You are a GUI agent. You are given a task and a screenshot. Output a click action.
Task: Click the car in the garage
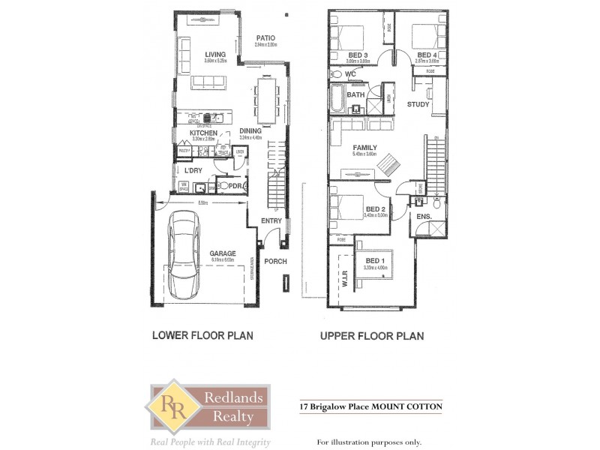tap(184, 252)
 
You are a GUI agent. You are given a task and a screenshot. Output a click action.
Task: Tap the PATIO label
tap(265, 37)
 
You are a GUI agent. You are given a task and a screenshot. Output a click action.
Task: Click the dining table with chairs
tap(265, 100)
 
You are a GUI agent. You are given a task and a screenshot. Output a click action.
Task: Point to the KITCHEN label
tap(202, 133)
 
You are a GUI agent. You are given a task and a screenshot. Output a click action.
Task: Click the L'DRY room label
tap(194, 170)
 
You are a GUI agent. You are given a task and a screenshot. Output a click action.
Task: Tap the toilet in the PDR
tap(221, 185)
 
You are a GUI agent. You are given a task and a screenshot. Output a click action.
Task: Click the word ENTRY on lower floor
tap(271, 220)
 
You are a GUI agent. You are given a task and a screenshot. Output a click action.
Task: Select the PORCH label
tap(274, 261)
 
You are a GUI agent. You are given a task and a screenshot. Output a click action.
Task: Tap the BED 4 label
tap(426, 55)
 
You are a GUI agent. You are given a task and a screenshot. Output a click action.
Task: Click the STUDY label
tap(418, 104)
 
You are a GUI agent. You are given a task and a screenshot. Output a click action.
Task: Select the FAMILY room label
tap(365, 148)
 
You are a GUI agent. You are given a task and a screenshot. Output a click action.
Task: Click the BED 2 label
tap(375, 209)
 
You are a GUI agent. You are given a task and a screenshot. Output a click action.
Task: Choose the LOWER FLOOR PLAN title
tap(202, 336)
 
